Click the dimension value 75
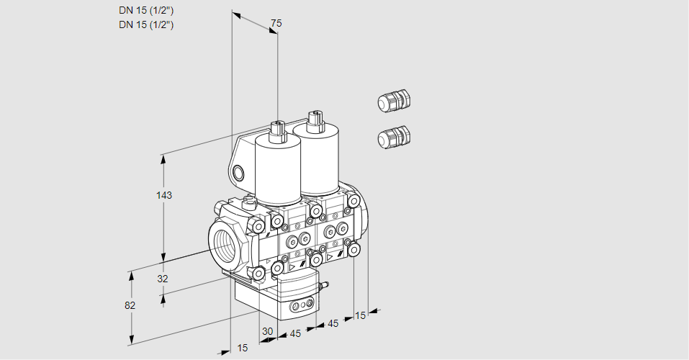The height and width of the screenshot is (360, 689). (x=276, y=24)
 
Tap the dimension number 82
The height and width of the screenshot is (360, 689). (x=130, y=305)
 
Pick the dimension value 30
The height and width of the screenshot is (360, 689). (x=268, y=331)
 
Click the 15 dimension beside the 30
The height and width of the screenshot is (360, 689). (x=243, y=348)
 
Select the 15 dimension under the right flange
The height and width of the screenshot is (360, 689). (x=361, y=315)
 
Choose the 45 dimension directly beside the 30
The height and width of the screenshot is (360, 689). (x=294, y=333)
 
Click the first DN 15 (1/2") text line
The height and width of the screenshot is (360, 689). (x=147, y=10)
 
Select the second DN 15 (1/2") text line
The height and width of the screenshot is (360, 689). (x=147, y=24)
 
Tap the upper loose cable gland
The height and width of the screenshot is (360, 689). (x=393, y=101)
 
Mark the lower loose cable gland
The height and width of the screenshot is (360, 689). (x=393, y=136)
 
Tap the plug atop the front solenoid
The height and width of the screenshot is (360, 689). (x=277, y=130)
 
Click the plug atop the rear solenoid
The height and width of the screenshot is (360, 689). (x=313, y=120)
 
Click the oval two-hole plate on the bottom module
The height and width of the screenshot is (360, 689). (x=300, y=307)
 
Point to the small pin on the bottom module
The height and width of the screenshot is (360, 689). (x=323, y=287)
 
